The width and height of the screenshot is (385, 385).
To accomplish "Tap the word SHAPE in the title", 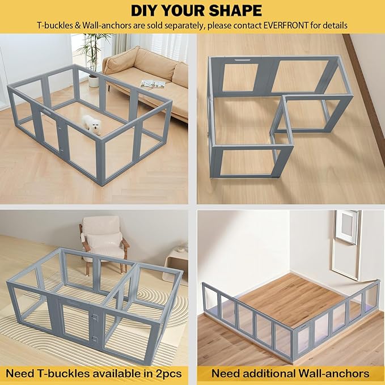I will pyautogui.click(x=235, y=10).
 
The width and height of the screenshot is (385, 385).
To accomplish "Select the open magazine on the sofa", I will pyautogui.click(x=153, y=84).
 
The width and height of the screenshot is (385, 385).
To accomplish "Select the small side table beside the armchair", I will pyautogui.click(x=177, y=258).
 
